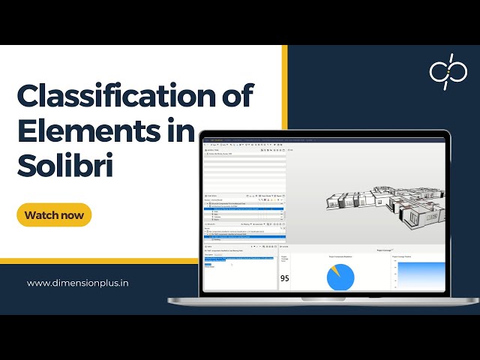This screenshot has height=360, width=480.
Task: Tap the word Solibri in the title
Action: click(x=65, y=165)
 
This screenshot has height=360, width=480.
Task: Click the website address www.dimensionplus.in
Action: click(x=78, y=283)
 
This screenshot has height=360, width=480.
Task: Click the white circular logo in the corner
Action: click(x=448, y=72)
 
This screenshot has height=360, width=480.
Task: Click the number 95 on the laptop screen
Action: click(x=285, y=278)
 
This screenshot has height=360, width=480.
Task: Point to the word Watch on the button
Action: click(x=42, y=215)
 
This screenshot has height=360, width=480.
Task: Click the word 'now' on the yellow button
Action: click(x=73, y=215)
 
